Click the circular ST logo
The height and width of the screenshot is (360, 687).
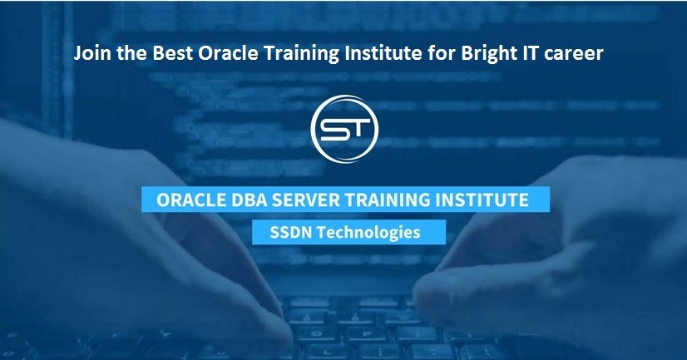(x=343, y=131)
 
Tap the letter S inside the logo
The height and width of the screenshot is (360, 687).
(x=330, y=131)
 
